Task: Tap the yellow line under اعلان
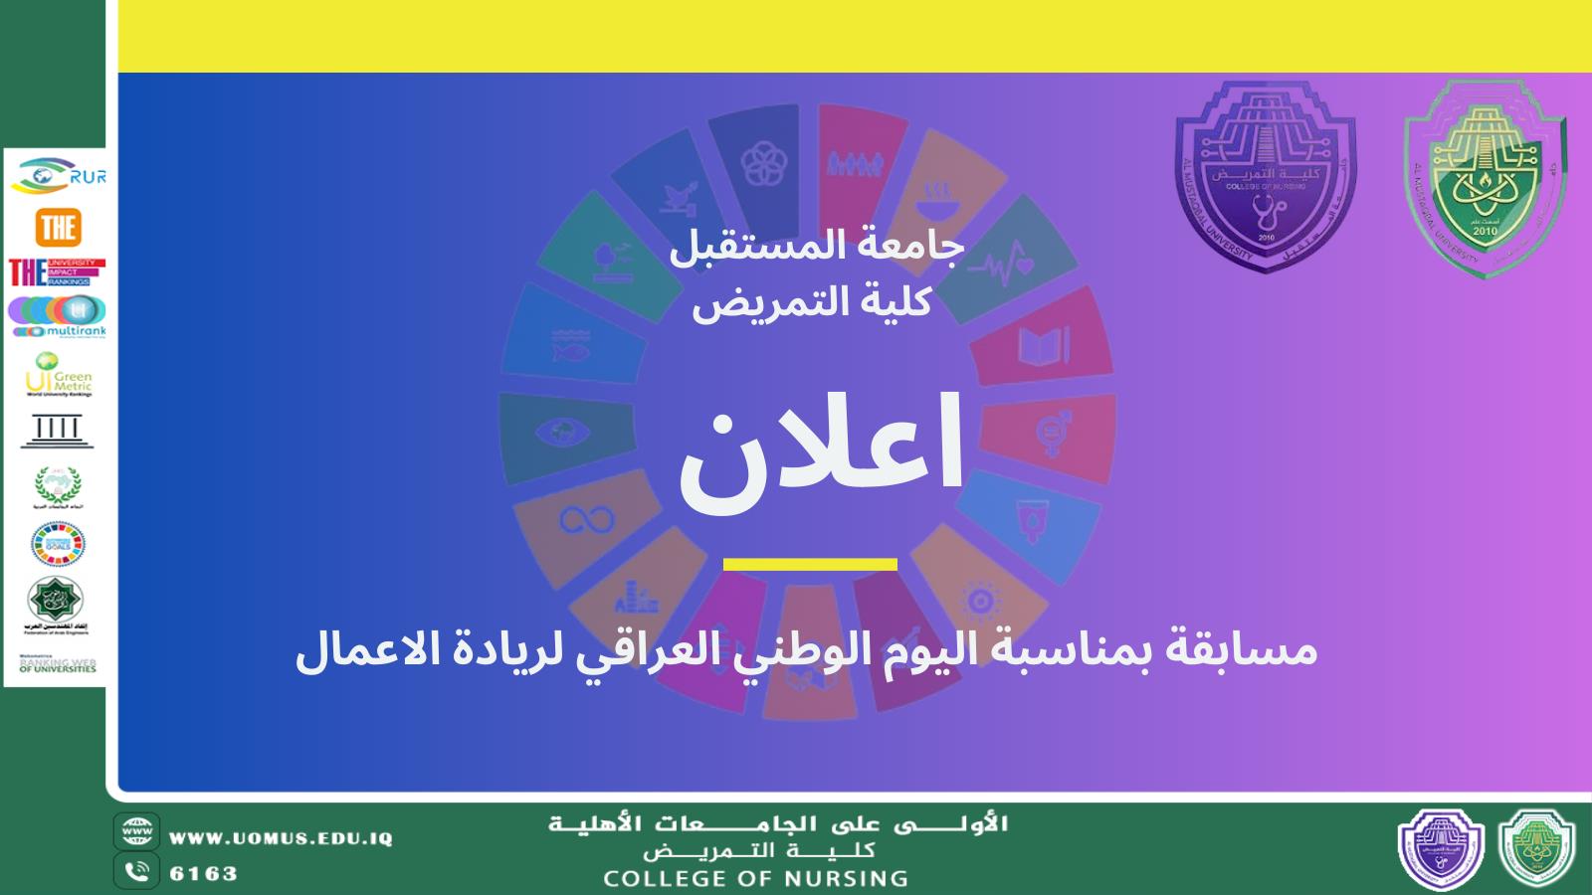810,565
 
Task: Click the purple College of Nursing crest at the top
1266,177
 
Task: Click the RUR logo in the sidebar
57,176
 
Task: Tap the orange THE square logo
58,228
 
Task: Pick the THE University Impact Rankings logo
57,271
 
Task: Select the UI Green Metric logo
58,376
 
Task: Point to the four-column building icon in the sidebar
58,431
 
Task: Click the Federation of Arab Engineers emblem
57,602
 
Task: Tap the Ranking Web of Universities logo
58,663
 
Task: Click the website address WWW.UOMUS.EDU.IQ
281,838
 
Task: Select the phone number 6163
204,874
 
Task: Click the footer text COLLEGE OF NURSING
755,878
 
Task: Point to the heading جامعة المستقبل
816,248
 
